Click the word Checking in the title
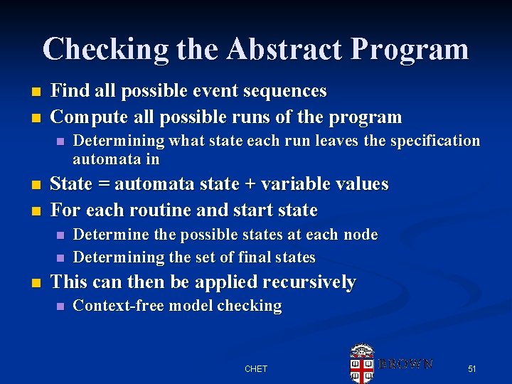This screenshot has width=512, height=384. (x=105, y=49)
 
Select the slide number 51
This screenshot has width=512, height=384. (x=471, y=368)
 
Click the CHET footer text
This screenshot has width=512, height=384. (x=255, y=368)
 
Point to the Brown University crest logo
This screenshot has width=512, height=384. (x=362, y=363)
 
